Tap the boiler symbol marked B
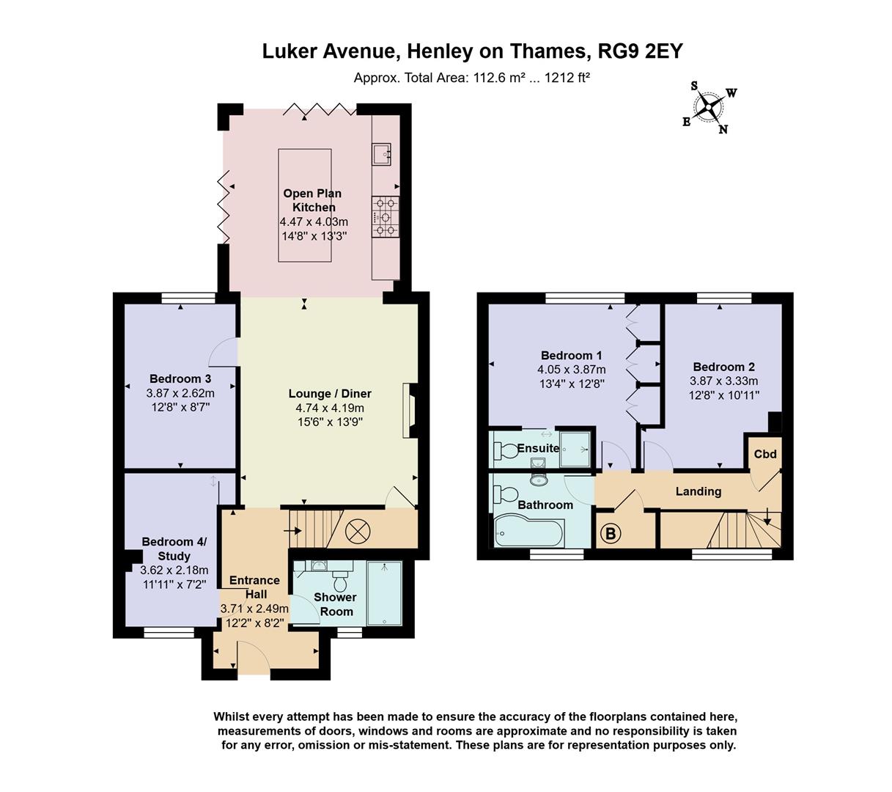click(610, 533)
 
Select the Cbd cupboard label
click(765, 454)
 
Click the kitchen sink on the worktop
click(382, 153)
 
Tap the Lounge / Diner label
click(330, 394)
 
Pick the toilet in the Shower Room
click(339, 582)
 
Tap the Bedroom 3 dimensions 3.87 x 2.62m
click(180, 392)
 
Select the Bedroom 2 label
click(723, 367)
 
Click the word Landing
click(698, 491)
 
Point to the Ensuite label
click(538, 448)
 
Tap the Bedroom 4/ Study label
click(174, 549)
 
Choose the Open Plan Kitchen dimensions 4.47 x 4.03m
click(314, 222)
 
